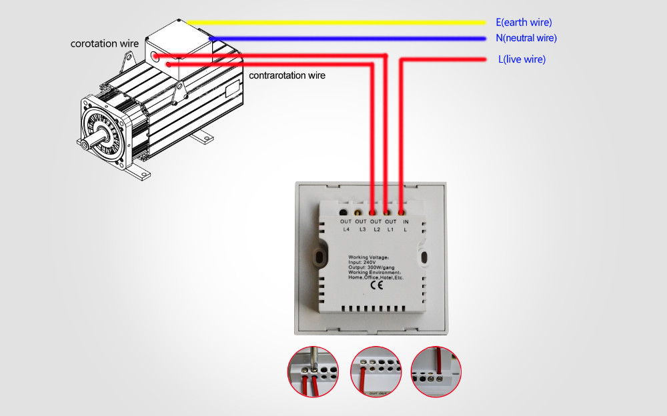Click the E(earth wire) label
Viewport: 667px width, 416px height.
(x=524, y=23)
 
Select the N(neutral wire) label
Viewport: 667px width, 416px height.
(x=526, y=38)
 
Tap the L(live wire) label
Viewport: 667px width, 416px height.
(x=522, y=59)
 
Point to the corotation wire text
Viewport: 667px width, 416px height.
(x=105, y=44)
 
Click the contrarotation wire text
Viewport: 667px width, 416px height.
(x=287, y=75)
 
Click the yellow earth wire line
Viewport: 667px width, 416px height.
(x=333, y=22)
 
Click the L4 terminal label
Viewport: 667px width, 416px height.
(x=346, y=230)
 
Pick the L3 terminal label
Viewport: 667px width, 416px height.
(x=361, y=230)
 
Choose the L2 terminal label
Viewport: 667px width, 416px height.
(x=376, y=230)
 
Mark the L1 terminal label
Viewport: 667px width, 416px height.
(x=391, y=230)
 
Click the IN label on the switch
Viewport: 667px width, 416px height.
(x=406, y=222)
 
